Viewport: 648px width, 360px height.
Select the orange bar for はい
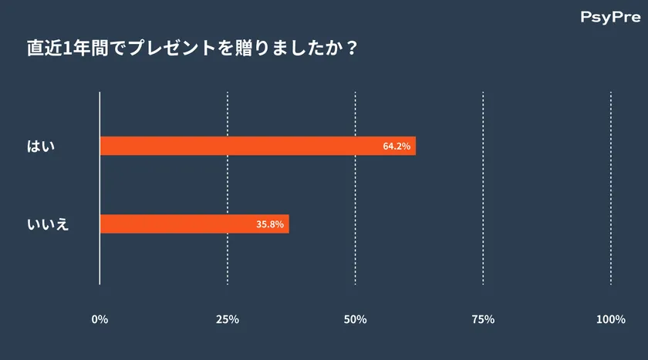(x=258, y=146)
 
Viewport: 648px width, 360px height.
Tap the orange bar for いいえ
(x=194, y=224)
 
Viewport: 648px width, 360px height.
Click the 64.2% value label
(x=397, y=146)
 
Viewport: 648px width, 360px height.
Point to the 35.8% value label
(x=270, y=224)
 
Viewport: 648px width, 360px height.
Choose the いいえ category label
(x=49, y=224)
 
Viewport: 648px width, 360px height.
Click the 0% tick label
(x=100, y=319)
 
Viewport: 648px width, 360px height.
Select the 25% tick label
(x=228, y=319)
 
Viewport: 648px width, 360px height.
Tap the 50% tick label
(x=355, y=319)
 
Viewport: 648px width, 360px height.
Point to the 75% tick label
(x=483, y=319)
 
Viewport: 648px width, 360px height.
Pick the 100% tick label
(x=610, y=319)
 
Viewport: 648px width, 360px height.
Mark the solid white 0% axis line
(x=100, y=262)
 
